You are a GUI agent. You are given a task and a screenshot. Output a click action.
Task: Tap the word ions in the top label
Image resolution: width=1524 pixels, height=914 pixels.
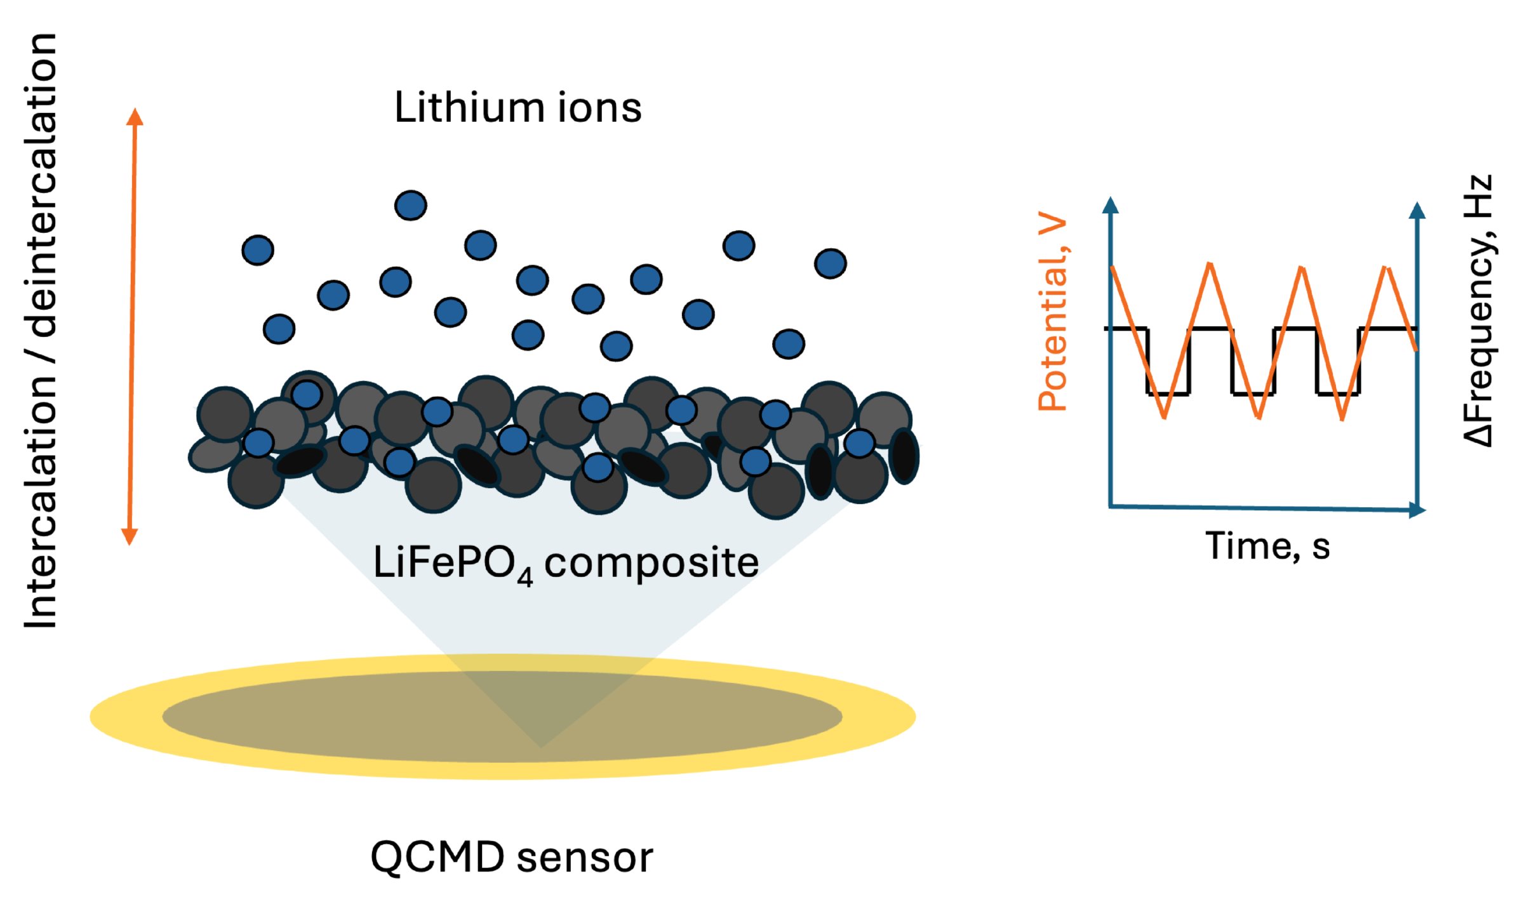click(599, 107)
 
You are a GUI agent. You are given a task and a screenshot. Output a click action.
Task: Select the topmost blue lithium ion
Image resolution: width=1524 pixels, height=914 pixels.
click(410, 205)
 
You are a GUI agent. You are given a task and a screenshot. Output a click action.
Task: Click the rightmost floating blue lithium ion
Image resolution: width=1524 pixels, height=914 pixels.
click(830, 263)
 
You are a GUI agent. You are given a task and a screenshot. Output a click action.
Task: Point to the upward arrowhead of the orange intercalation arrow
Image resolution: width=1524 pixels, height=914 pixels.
click(135, 117)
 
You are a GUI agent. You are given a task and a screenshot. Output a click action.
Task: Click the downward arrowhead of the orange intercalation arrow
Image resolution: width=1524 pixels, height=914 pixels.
click(130, 536)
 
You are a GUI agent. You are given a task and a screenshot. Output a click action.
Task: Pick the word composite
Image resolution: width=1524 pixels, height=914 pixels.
click(652, 562)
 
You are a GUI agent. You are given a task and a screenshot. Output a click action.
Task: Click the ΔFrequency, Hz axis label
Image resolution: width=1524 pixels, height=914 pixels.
click(1478, 311)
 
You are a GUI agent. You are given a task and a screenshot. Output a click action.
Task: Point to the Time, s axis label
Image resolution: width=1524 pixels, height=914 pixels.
click(1267, 546)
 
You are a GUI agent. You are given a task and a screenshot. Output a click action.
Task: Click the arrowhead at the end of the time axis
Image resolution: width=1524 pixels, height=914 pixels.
click(1417, 510)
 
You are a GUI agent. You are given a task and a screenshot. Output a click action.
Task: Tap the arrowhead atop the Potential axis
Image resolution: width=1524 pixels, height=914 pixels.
click(1110, 205)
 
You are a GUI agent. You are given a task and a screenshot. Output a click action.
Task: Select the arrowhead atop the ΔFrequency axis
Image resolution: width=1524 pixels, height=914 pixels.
click(1417, 211)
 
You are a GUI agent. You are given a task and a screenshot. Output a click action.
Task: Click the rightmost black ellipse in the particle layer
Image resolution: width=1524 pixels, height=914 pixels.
click(903, 456)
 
